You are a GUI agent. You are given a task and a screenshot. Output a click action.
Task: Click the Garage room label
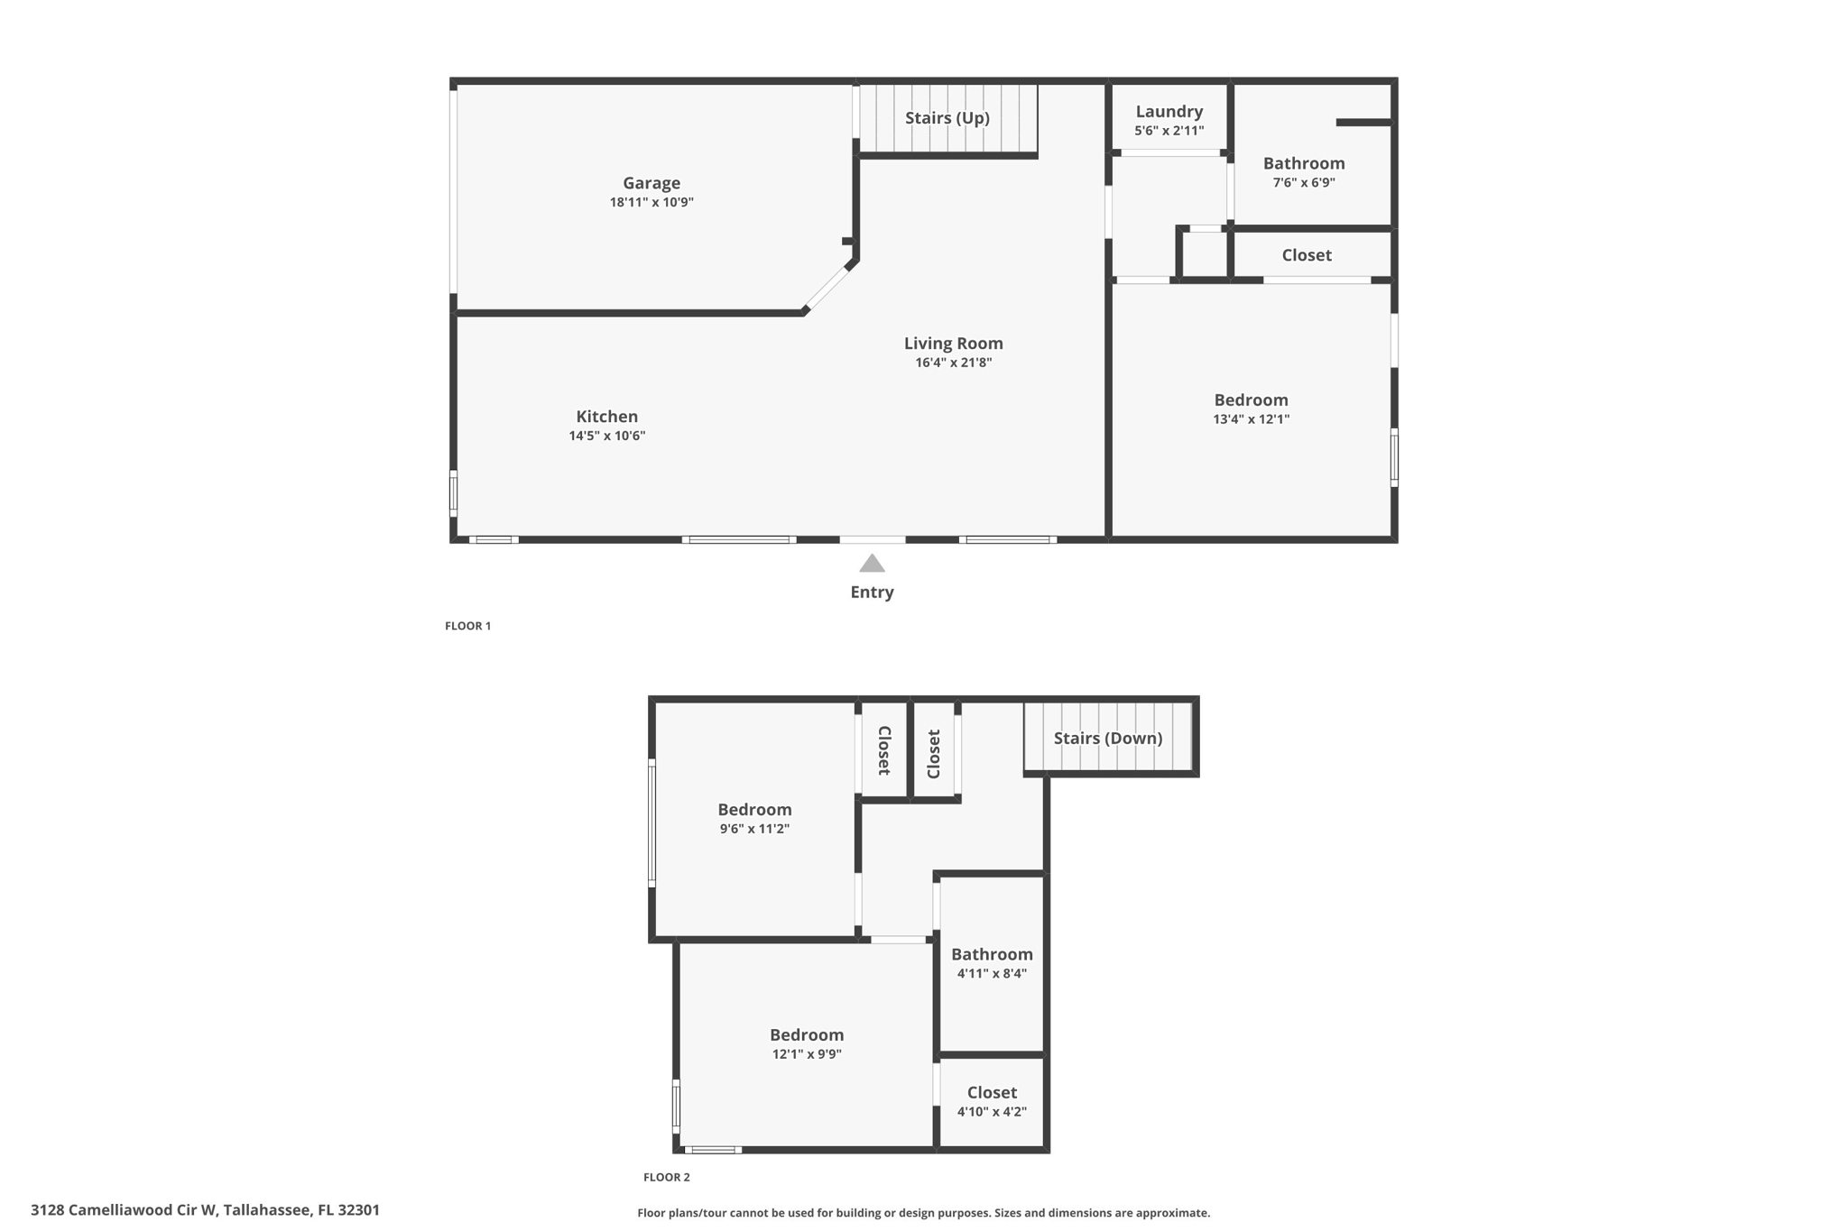(x=651, y=183)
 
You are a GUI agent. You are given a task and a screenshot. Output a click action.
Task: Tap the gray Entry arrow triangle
(x=872, y=565)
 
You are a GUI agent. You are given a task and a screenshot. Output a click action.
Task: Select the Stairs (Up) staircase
(x=947, y=119)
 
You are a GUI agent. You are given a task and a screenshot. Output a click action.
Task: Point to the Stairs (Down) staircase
(x=1107, y=739)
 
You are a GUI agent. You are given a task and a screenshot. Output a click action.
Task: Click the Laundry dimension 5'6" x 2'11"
(x=1169, y=131)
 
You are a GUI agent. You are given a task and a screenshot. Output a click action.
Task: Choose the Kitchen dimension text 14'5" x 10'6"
(x=606, y=436)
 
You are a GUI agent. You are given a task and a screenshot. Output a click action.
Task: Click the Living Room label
(x=953, y=344)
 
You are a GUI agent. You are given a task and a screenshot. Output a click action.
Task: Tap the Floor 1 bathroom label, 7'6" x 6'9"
(x=1303, y=164)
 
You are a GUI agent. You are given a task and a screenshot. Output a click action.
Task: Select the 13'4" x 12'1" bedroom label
(x=1251, y=400)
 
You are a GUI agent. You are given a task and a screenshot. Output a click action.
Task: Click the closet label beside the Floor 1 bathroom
(x=1306, y=255)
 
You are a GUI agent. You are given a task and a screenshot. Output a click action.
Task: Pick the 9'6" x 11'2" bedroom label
(x=754, y=810)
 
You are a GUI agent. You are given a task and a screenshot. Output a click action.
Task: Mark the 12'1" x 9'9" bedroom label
(x=806, y=1035)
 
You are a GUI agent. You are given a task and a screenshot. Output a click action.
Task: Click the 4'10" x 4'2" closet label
(x=992, y=1093)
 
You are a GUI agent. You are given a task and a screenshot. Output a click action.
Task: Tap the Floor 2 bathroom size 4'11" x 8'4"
(x=992, y=974)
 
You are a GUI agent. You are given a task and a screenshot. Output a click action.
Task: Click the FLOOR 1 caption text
(x=467, y=626)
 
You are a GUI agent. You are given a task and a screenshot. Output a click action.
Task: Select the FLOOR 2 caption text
(x=666, y=1177)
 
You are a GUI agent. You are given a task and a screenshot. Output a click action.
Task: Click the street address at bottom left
(x=205, y=1210)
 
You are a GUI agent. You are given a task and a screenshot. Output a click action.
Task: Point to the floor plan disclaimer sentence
(x=923, y=1213)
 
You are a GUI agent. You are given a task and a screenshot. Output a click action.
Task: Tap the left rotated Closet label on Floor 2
(x=884, y=750)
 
